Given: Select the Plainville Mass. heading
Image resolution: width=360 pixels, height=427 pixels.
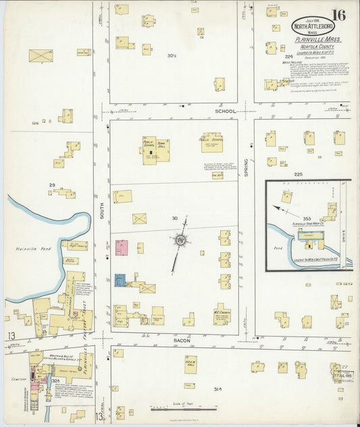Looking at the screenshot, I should (317, 40).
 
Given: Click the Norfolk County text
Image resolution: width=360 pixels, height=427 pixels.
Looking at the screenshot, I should (317, 47).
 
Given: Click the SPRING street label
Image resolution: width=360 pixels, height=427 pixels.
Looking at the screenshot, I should (247, 168).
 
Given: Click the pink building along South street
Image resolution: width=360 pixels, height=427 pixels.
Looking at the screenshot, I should (122, 247).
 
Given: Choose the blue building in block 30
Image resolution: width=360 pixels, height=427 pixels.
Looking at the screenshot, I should (120, 280).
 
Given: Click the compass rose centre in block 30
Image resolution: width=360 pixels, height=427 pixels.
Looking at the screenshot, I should (180, 240).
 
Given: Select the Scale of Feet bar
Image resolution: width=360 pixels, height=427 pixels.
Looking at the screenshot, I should (183, 409).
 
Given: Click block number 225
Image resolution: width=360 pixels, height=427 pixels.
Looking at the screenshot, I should (298, 174).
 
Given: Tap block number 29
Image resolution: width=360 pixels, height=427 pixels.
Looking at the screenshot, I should (51, 184).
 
